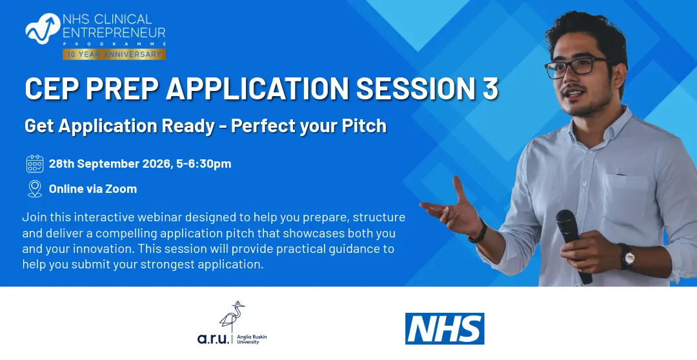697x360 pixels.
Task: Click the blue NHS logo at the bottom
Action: pyautogui.click(x=445, y=328)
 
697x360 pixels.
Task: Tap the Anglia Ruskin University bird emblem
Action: pyautogui.click(x=232, y=316)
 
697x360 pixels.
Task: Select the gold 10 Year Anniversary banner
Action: pyautogui.click(x=114, y=54)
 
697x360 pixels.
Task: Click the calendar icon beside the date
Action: pyautogui.click(x=35, y=164)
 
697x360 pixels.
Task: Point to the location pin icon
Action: pyautogui.click(x=35, y=189)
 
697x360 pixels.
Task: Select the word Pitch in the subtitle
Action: pyautogui.click(x=364, y=126)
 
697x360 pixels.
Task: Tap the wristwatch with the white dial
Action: pyautogui.click(x=627, y=256)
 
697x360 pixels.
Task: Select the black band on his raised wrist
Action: pyautogui.click(x=478, y=231)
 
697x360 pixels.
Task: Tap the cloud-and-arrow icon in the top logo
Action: pyautogui.click(x=43, y=28)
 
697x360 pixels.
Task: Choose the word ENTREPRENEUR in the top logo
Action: pyautogui.click(x=114, y=32)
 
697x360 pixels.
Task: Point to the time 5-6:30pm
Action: pyautogui.click(x=203, y=164)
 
